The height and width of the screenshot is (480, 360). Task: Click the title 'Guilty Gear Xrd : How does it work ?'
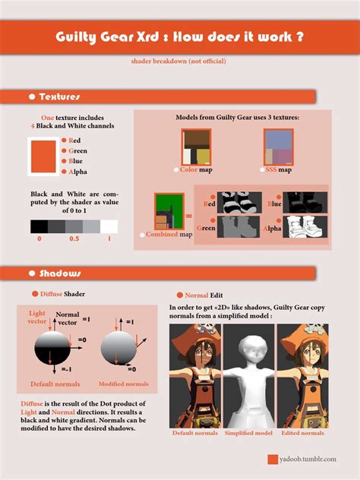[x=180, y=37]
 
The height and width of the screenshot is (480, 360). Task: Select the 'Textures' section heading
[x=59, y=97]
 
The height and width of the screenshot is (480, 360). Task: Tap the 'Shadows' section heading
[x=60, y=273]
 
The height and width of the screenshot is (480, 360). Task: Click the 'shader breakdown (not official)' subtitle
[x=179, y=60]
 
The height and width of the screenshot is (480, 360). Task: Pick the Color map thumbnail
[x=195, y=147]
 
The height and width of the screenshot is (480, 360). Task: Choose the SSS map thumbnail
[x=279, y=147]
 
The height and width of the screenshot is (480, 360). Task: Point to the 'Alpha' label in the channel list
[x=77, y=172]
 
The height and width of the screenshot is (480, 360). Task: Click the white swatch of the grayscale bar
[x=109, y=226]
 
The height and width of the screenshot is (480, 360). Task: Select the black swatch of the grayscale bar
[x=39, y=226]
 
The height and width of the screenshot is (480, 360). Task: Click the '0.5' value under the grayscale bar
[x=74, y=238]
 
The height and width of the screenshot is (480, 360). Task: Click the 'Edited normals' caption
[x=302, y=433]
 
